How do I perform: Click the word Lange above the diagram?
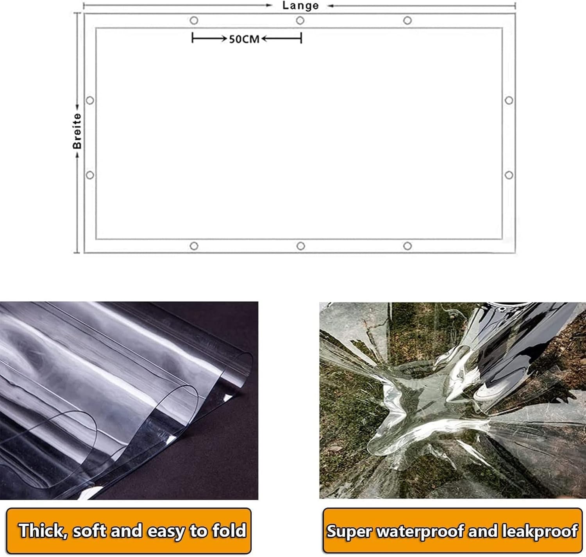coord(300,5)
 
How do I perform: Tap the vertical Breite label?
coord(77,131)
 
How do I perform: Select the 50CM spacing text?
coord(245,39)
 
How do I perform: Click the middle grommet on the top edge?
coord(300,21)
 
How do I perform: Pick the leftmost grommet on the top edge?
coord(194,21)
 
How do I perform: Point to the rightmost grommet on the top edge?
coord(407,21)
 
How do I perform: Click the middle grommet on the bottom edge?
coord(301,246)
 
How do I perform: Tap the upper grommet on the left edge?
coord(90,100)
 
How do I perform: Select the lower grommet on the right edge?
coord(509,175)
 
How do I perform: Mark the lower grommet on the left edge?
coord(90,175)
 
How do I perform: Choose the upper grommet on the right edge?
coord(509,100)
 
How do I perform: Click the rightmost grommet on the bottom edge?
coord(407,246)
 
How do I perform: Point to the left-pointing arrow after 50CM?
coord(281,38)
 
